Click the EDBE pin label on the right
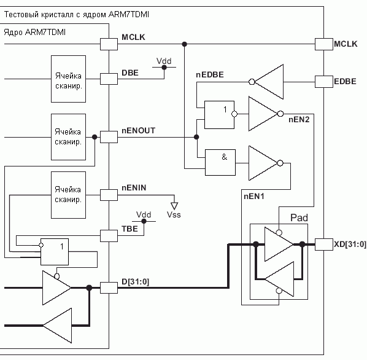pos(345,81)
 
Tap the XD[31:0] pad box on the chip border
pos(323,245)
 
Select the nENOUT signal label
pos(138,130)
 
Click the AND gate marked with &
pos(220,162)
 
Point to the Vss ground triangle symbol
pos(174,206)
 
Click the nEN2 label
pos(299,119)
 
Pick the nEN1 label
pos(254,196)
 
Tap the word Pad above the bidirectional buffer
pos(299,218)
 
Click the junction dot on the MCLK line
pos(185,44)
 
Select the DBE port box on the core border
pos(109,79)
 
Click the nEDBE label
pos(210,75)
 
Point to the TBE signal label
pos(129,229)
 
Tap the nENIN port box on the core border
pos(109,195)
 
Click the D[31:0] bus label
pos(135,282)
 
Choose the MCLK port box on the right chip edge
pos(323,44)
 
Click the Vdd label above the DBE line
pos(164,61)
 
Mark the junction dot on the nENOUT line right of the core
pos(196,137)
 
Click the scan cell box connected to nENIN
pos(68,195)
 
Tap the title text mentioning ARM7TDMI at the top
pos(77,15)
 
